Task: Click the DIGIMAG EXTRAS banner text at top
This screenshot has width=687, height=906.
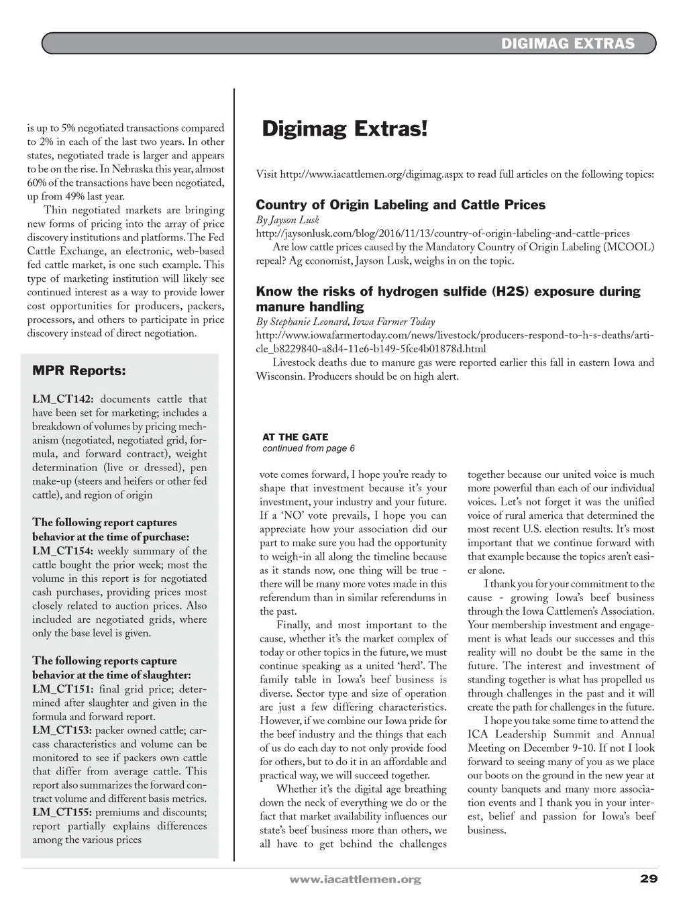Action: (x=568, y=44)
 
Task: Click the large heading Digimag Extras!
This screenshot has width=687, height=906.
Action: (x=344, y=128)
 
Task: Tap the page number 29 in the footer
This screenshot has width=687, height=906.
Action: (x=648, y=878)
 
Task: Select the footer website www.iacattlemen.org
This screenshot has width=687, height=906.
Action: (x=355, y=879)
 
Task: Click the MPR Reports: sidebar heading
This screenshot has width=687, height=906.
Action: (x=78, y=370)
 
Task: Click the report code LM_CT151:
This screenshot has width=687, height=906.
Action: (x=62, y=689)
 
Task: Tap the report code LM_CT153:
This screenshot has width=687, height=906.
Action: (x=62, y=730)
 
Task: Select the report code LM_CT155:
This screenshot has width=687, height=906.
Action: (x=62, y=812)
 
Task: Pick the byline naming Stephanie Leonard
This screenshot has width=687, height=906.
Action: (x=345, y=321)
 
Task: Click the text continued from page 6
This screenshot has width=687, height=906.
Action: (x=309, y=448)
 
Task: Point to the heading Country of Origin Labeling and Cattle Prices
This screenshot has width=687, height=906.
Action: (x=401, y=205)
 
